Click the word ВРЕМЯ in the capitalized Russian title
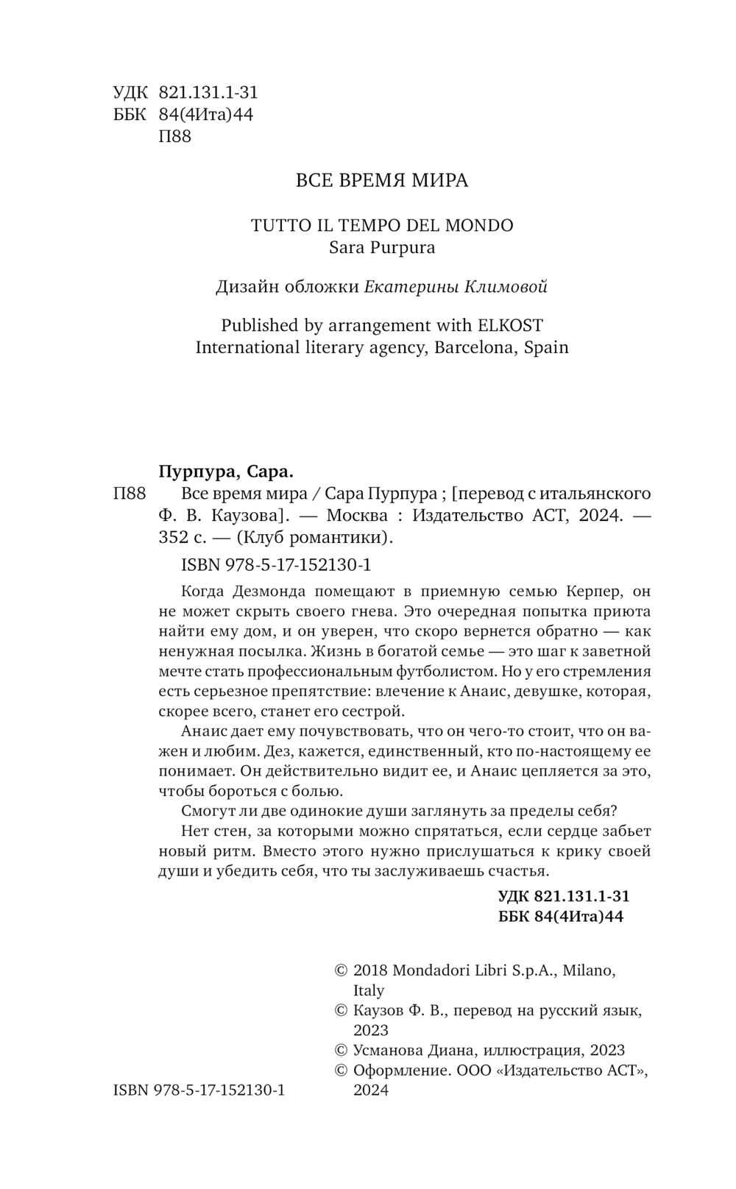[x=369, y=181]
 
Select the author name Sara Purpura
[x=382, y=247]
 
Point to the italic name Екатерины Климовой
[x=456, y=287]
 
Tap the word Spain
[x=545, y=347]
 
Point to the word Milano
[x=589, y=970]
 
